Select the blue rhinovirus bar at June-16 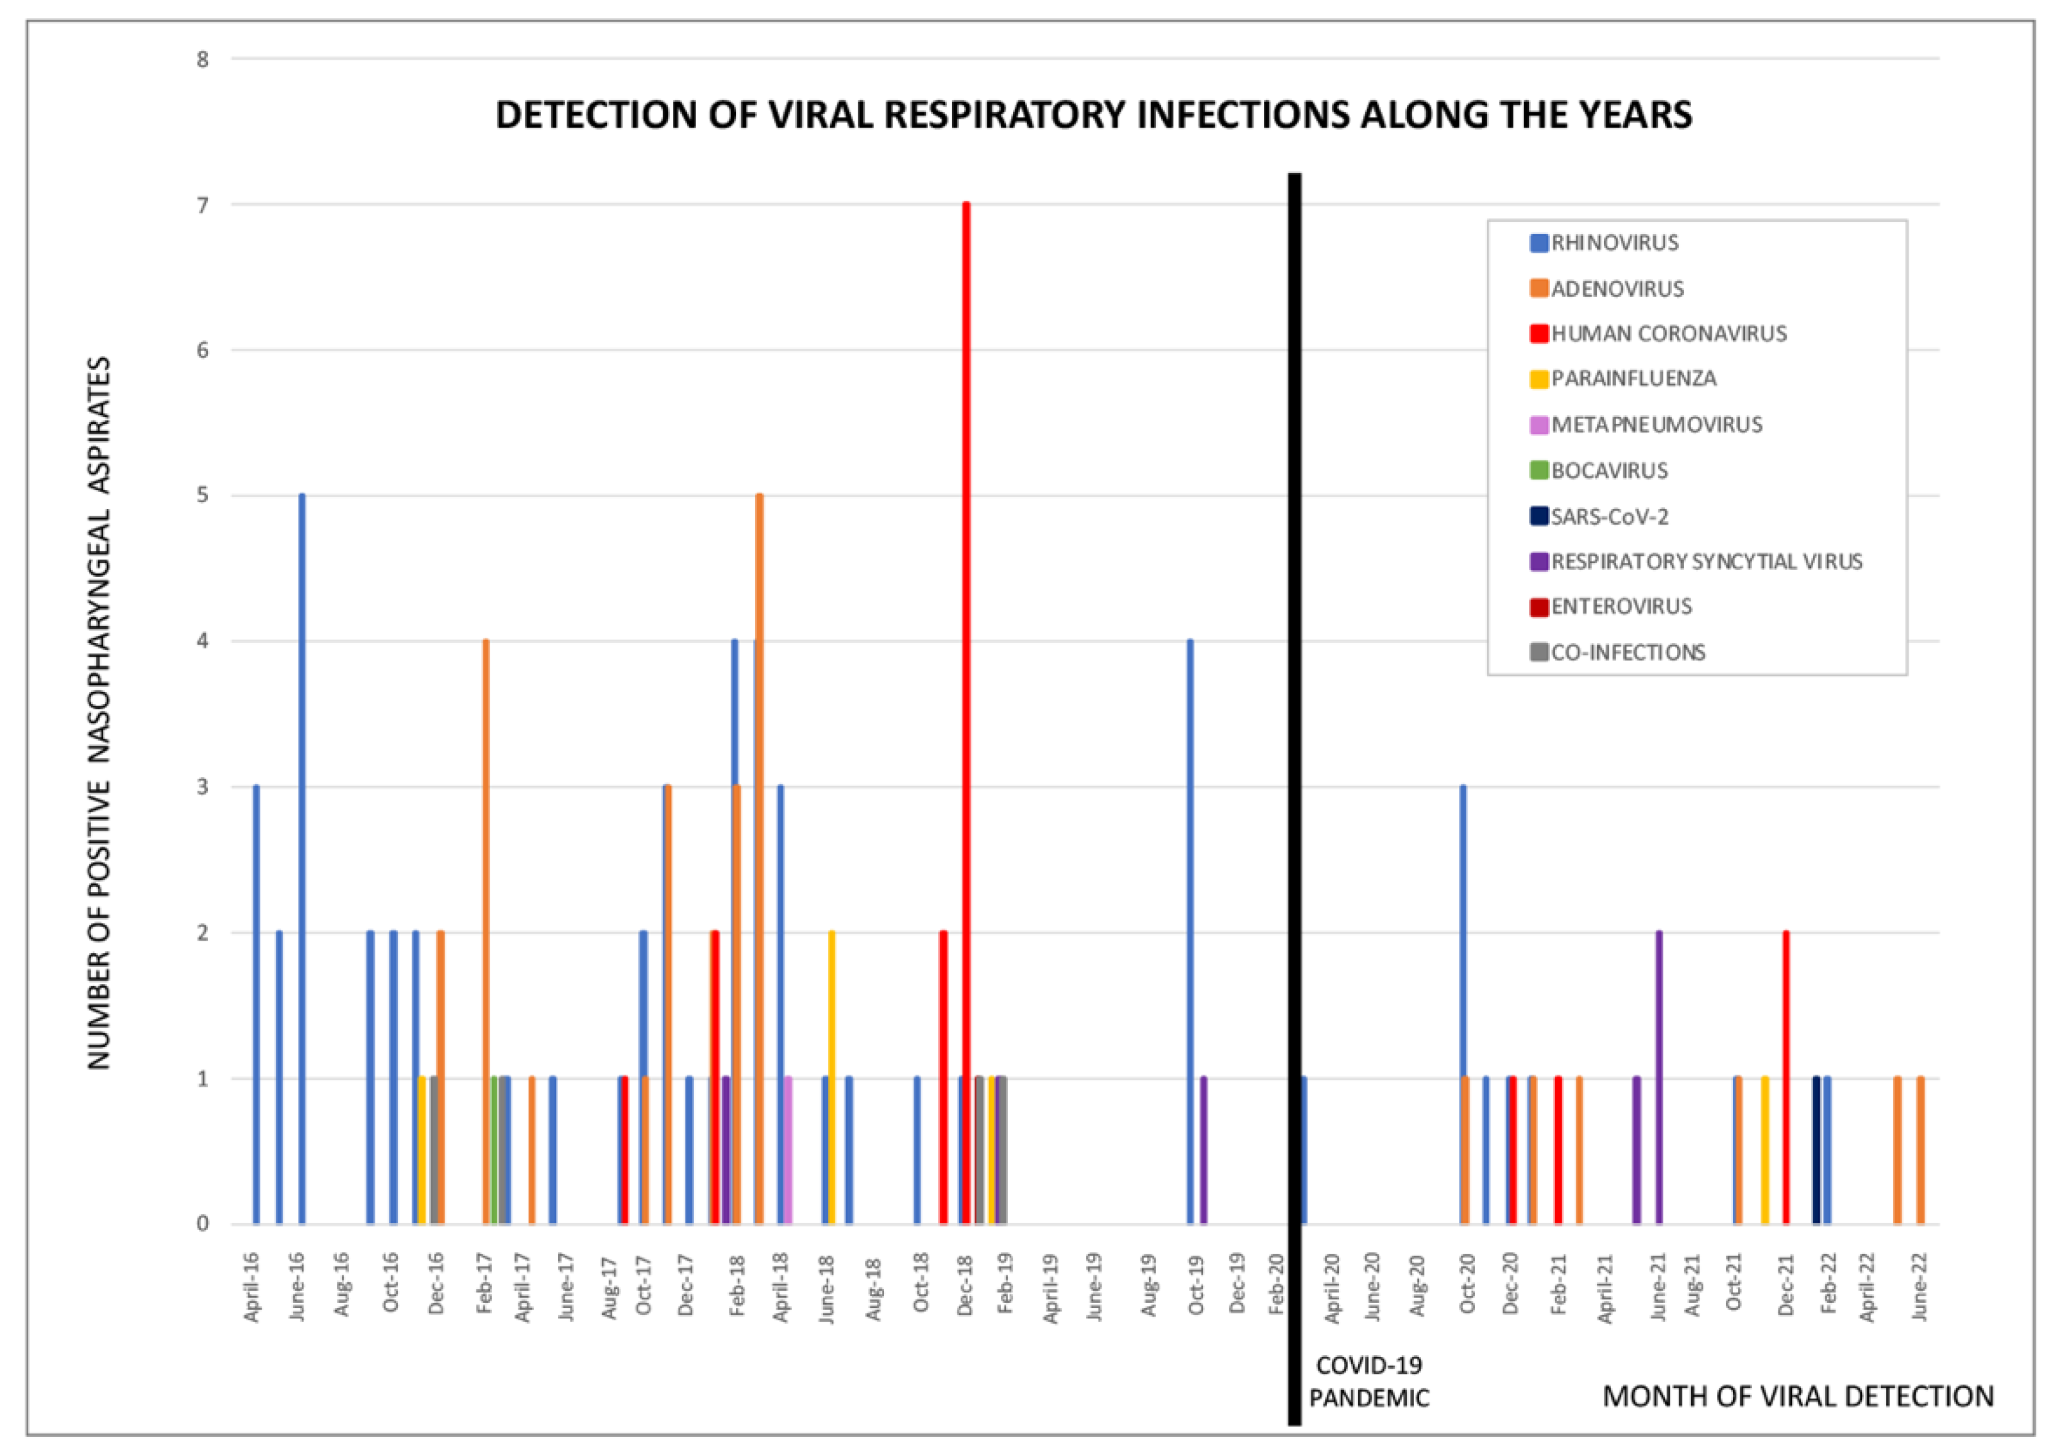click(302, 859)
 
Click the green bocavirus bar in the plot click(494, 1150)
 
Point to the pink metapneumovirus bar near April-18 click(788, 1150)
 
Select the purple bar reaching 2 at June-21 click(1658, 1077)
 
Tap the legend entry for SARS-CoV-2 click(1608, 516)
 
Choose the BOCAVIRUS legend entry click(1608, 471)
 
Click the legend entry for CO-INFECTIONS click(1626, 652)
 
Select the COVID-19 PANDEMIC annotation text click(1368, 1381)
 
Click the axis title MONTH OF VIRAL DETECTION click(1797, 1396)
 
